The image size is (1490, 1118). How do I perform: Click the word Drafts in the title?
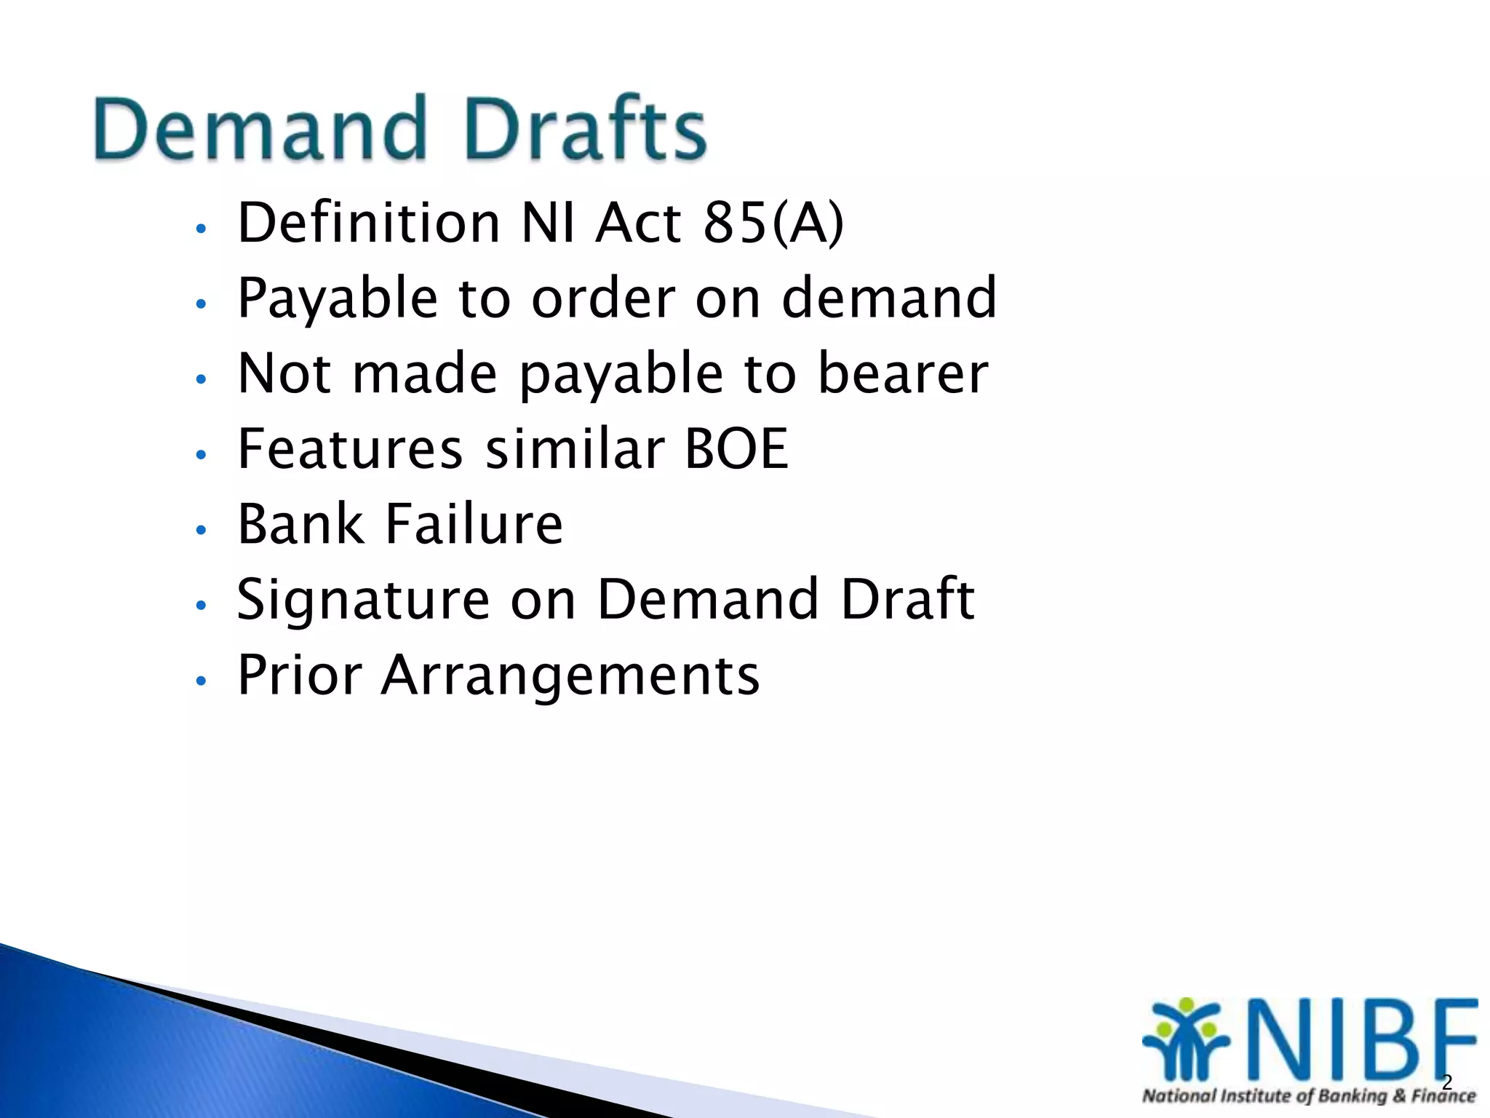tap(586, 129)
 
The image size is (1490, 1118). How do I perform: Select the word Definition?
tap(368, 223)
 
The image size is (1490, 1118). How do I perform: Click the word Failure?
tap(474, 524)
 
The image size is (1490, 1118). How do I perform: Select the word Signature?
tap(363, 600)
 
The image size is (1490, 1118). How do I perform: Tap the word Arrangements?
tap(570, 675)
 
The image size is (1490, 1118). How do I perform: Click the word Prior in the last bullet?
tap(300, 675)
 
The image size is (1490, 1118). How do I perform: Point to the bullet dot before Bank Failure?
tap(202, 530)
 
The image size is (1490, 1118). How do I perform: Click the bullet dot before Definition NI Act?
tap(202, 229)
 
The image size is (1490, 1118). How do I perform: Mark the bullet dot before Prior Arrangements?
tap(202, 681)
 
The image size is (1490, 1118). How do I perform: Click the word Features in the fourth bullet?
tap(350, 449)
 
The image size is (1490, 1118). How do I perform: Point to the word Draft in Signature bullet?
tap(907, 600)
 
